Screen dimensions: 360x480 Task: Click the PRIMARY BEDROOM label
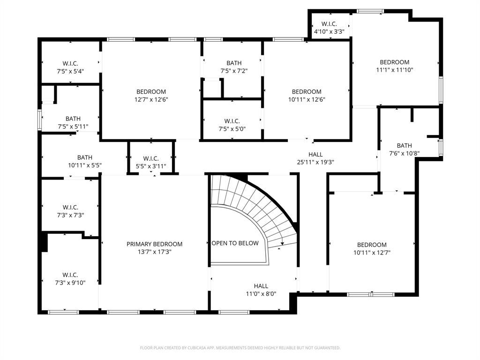(154, 244)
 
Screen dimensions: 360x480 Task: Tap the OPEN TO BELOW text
(235, 243)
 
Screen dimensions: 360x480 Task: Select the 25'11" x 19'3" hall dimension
(315, 162)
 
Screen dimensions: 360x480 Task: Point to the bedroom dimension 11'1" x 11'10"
(394, 70)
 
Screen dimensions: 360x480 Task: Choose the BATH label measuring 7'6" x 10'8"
(404, 145)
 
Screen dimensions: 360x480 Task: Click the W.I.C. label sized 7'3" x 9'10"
(70, 275)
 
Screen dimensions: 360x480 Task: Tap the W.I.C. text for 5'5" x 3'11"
(151, 158)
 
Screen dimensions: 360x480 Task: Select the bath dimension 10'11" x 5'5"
(85, 165)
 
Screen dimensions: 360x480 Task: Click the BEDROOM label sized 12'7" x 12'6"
(151, 91)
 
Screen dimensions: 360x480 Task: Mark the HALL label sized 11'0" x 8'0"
(261, 286)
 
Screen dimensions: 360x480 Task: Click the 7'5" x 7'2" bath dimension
(234, 71)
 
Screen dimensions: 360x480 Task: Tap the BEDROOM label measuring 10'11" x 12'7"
(372, 244)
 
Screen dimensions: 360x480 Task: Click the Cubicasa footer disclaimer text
(240, 348)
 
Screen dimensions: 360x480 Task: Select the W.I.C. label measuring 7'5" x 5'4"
(70, 63)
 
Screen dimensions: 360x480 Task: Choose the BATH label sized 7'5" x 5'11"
(73, 119)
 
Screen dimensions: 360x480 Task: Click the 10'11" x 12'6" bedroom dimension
(307, 99)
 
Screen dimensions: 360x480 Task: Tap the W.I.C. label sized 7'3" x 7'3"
(70, 207)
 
